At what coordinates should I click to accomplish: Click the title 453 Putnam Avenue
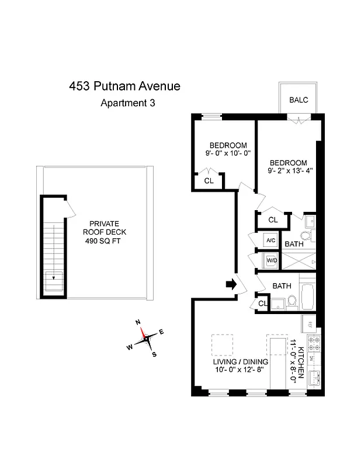click(x=124, y=86)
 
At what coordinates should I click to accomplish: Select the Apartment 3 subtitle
click(x=128, y=103)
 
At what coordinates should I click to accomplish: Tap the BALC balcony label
click(x=298, y=100)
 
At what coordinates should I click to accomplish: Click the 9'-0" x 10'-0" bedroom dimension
click(x=228, y=154)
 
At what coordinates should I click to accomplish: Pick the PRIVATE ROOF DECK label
click(x=105, y=228)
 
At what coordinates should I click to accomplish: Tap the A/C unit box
click(x=270, y=241)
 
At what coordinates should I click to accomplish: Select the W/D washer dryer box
click(x=271, y=262)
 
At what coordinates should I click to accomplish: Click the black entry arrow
click(x=230, y=284)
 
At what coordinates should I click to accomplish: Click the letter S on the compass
click(x=154, y=354)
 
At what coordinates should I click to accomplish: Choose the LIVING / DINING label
click(x=239, y=361)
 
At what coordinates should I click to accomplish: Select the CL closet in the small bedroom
click(x=209, y=181)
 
